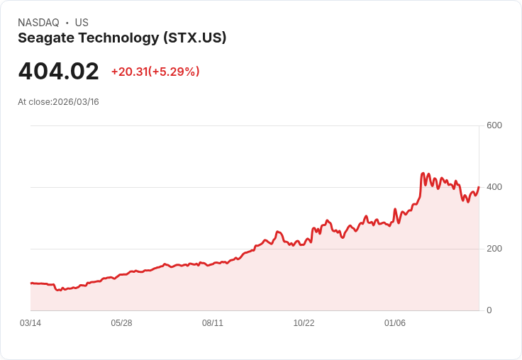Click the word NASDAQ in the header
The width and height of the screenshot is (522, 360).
pyautogui.click(x=38, y=23)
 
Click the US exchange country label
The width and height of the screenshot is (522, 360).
pyautogui.click(x=82, y=23)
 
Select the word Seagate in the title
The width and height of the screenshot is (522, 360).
pyautogui.click(x=45, y=38)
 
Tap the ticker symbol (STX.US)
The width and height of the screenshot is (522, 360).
pyautogui.click(x=194, y=38)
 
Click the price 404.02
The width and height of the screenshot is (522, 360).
pyautogui.click(x=58, y=72)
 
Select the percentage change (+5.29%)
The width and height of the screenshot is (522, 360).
pyautogui.click(x=174, y=72)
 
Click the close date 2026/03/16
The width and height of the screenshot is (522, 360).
pyautogui.click(x=76, y=102)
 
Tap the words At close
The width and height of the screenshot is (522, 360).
pyautogui.click(x=34, y=102)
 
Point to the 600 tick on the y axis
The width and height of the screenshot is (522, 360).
pyautogui.click(x=494, y=125)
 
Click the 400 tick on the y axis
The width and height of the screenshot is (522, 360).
pyautogui.click(x=494, y=187)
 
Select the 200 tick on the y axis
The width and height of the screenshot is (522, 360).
pyautogui.click(x=494, y=249)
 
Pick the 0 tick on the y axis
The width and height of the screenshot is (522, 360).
pyautogui.click(x=489, y=310)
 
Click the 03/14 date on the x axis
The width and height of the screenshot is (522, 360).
pyautogui.click(x=30, y=323)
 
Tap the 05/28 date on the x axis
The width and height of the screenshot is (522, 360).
pyautogui.click(x=121, y=323)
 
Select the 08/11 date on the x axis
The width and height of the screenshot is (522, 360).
pyautogui.click(x=213, y=323)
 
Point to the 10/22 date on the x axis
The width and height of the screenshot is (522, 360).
pyautogui.click(x=304, y=323)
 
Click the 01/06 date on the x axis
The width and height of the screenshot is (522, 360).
pyautogui.click(x=395, y=323)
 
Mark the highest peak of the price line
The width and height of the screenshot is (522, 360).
pyautogui.click(x=423, y=173)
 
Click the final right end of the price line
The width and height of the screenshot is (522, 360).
pyautogui.click(x=479, y=187)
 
